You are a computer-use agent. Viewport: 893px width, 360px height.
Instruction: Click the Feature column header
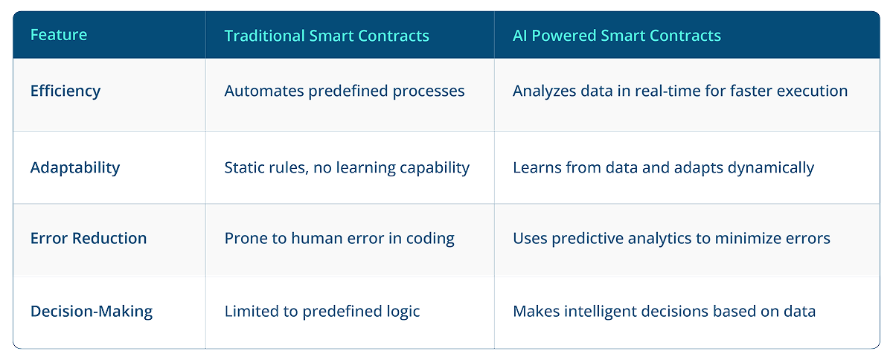tap(58, 35)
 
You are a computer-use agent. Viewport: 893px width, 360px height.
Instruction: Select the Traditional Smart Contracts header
tap(327, 35)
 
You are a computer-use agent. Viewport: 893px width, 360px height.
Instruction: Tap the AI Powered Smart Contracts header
tap(616, 35)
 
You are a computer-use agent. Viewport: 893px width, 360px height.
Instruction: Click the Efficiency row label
tap(65, 91)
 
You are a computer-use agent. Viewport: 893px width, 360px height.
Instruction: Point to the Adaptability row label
tap(75, 167)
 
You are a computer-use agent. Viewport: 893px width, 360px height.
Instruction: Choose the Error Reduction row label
tap(89, 239)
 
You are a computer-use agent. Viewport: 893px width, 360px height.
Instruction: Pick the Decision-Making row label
tap(92, 311)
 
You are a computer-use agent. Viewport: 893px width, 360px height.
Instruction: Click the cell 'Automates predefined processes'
tap(344, 91)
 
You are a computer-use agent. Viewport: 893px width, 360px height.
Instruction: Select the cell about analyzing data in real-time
tap(680, 91)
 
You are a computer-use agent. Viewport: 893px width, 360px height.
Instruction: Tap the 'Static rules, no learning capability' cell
tap(347, 167)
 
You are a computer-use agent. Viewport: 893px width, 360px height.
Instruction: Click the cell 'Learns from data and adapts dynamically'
tap(663, 167)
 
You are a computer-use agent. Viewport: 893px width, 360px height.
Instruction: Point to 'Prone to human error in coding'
tap(339, 239)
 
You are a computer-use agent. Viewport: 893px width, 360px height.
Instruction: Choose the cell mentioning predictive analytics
tap(671, 239)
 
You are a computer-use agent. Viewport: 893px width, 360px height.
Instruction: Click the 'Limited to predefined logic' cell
tap(322, 311)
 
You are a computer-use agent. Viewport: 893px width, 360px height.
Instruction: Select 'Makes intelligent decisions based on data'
tap(664, 311)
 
